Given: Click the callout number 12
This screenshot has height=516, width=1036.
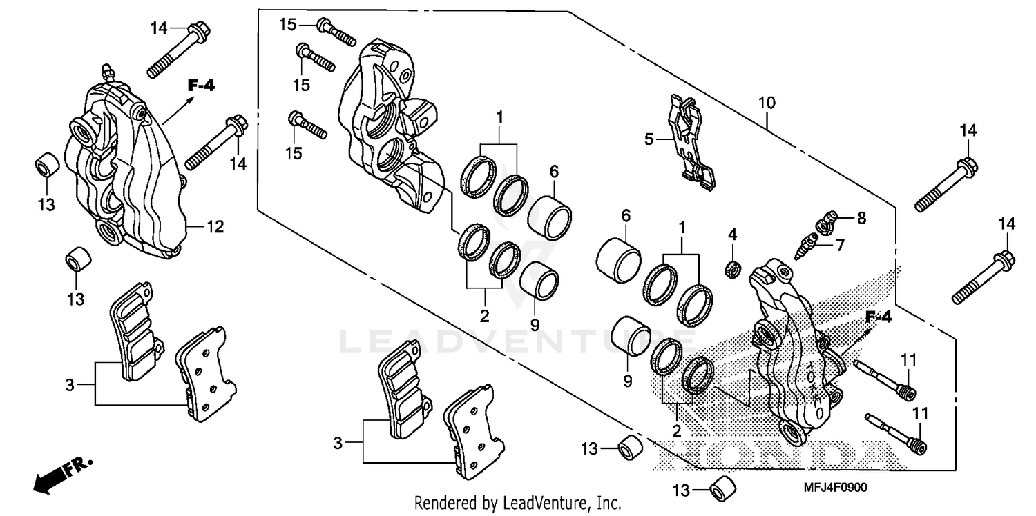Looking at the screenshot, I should pyautogui.click(x=215, y=226).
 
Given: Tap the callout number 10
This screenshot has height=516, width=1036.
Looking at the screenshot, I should pyautogui.click(x=767, y=103).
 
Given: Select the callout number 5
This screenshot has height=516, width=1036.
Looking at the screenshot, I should pyautogui.click(x=648, y=139).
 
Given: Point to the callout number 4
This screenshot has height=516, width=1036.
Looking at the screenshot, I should pyautogui.click(x=732, y=235).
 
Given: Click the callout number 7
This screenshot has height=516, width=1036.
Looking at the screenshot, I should pyautogui.click(x=840, y=245).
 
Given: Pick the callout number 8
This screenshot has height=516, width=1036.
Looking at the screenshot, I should pyautogui.click(x=860, y=219).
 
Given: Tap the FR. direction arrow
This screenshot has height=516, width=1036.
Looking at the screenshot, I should pyautogui.click(x=51, y=475).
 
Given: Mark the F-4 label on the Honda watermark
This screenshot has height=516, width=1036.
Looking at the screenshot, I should pyautogui.click(x=879, y=317).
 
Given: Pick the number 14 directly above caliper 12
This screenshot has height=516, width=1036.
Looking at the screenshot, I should pyautogui.click(x=160, y=28).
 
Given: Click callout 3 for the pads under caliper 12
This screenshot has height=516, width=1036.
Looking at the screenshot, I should pyautogui.click(x=70, y=386).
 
